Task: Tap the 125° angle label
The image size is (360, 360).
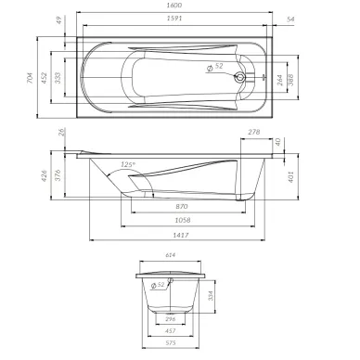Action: pos(129,164)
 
